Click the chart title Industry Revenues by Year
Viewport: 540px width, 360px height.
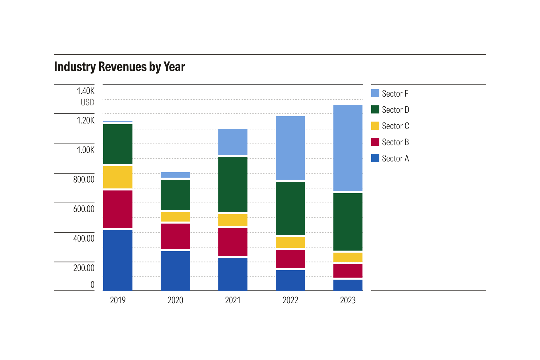coord(119,67)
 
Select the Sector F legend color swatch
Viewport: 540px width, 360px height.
coord(375,93)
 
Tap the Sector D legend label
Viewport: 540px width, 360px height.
coord(395,110)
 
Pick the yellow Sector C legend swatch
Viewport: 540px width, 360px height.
coord(375,126)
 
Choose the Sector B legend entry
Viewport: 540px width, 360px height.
coord(395,142)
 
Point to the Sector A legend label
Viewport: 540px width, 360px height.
coord(395,158)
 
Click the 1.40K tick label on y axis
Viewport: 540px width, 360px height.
coord(85,91)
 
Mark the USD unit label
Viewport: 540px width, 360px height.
coord(87,102)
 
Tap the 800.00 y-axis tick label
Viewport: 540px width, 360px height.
coord(84,179)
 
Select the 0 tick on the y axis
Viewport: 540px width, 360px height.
coord(92,285)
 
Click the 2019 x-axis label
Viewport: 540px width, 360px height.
coord(118,300)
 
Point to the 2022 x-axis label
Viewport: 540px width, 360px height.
coord(290,300)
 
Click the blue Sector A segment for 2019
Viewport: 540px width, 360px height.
coord(118,260)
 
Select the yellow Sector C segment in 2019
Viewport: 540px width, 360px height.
coord(118,177)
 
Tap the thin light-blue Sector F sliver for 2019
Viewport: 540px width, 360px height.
coord(118,122)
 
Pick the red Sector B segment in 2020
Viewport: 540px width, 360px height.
coord(175,236)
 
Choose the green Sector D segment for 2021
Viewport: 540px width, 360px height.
coord(233,184)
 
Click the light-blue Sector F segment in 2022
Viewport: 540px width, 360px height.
coord(290,148)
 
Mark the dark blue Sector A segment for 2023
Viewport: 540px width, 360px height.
coord(348,285)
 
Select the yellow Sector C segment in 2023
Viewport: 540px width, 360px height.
coord(348,257)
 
